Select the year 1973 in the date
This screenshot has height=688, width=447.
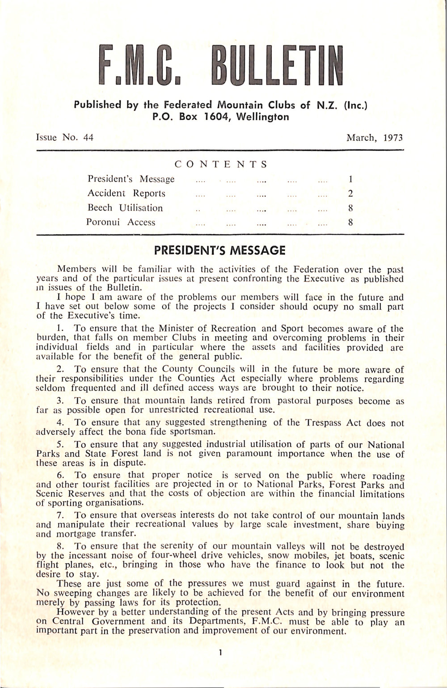coord(393,138)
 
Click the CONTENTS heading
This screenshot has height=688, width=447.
coord(221,165)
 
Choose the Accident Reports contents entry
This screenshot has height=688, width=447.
coord(127,194)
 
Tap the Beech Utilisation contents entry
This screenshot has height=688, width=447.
coord(125,208)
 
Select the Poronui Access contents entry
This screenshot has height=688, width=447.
coord(121,222)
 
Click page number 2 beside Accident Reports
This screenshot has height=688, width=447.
coord(351,194)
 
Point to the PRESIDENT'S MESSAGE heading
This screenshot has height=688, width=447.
coord(219,250)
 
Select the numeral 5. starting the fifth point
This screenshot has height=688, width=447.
coord(62,445)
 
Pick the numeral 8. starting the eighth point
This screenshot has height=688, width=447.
coord(62,546)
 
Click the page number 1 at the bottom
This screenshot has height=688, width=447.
coord(221,653)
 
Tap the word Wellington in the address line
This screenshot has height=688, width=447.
coord(262,117)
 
